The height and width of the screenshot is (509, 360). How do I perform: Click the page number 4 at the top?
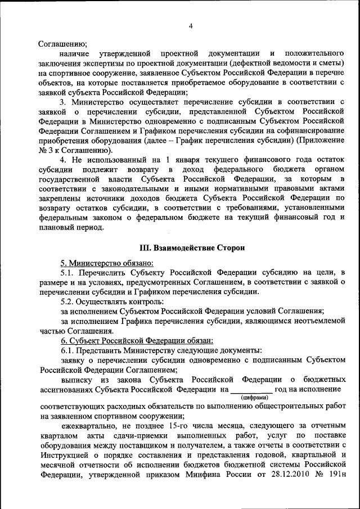coord(191,26)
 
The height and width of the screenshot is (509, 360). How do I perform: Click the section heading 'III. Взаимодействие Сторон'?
coord(192,247)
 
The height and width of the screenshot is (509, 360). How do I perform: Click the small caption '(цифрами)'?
coord(251,397)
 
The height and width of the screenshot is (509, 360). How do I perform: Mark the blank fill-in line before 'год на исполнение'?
coord(251,389)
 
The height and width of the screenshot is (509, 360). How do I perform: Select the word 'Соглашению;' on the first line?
coord(62,43)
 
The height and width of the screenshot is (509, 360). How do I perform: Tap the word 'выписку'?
coord(77,379)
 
